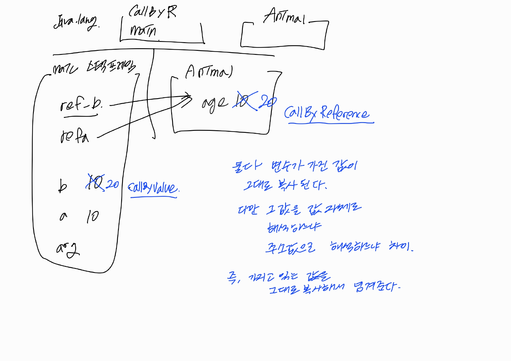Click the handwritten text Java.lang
(x=76, y=22)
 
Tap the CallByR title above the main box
(x=152, y=12)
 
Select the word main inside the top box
(x=143, y=30)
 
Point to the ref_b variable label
(x=81, y=104)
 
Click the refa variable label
(x=75, y=136)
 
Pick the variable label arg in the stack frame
(x=68, y=250)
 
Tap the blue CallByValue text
(x=153, y=188)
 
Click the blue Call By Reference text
(x=327, y=113)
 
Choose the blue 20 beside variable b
(x=112, y=184)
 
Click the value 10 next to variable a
(x=93, y=216)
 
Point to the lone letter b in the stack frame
(x=62, y=186)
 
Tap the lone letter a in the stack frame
(x=63, y=216)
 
